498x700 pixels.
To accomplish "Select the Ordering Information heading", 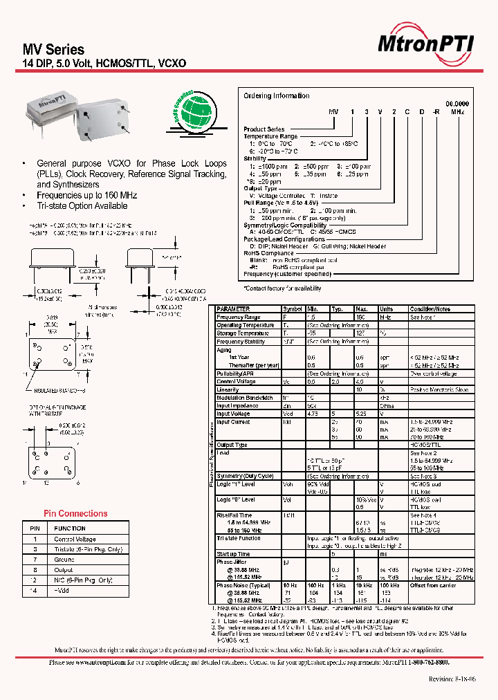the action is pos(277,95).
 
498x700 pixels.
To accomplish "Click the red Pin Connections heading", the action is pos(75,513).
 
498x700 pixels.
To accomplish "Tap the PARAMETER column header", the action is pos(233,308).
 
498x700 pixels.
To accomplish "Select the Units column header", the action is pos(386,308).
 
